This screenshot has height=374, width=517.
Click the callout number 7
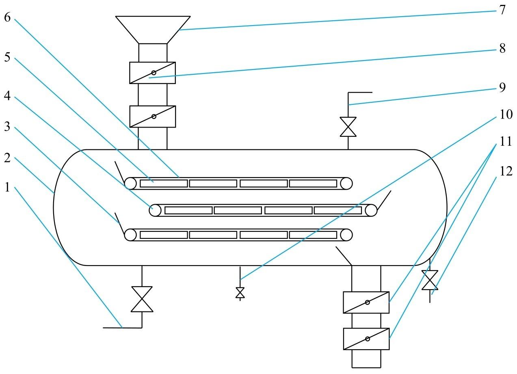[502, 9]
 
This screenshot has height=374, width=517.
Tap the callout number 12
[506, 171]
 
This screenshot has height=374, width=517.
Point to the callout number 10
[505, 115]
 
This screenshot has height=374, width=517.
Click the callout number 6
[7, 18]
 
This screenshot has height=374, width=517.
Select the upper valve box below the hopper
[153, 73]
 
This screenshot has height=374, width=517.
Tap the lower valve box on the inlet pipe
[153, 117]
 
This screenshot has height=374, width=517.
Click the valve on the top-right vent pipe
[348, 127]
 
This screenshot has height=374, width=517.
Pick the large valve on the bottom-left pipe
[142, 299]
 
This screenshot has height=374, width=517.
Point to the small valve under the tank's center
[240, 293]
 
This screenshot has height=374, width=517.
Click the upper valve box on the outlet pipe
[366, 302]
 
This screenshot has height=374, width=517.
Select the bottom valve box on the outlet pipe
[366, 339]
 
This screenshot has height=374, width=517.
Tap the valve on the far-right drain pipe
[430, 280]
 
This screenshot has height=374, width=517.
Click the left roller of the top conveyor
[130, 184]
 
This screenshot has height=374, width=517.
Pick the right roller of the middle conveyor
[371, 210]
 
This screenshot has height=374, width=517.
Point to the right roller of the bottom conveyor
[346, 235]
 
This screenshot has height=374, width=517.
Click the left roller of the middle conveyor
[155, 210]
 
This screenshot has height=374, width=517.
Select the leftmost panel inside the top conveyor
[164, 184]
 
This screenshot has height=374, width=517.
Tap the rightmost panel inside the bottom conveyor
[313, 235]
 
